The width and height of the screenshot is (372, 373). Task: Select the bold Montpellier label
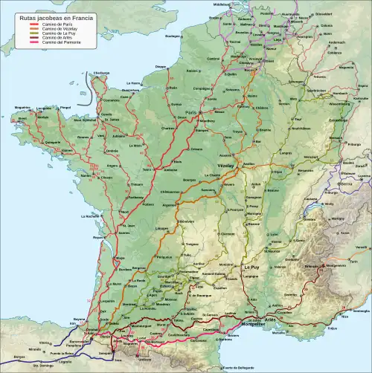click(x=251, y=319)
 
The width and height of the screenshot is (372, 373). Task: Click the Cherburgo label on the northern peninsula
click(x=101, y=73)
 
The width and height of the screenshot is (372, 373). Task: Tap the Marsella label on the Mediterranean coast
click(x=278, y=333)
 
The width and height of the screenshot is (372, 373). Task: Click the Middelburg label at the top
click(x=222, y=4)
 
